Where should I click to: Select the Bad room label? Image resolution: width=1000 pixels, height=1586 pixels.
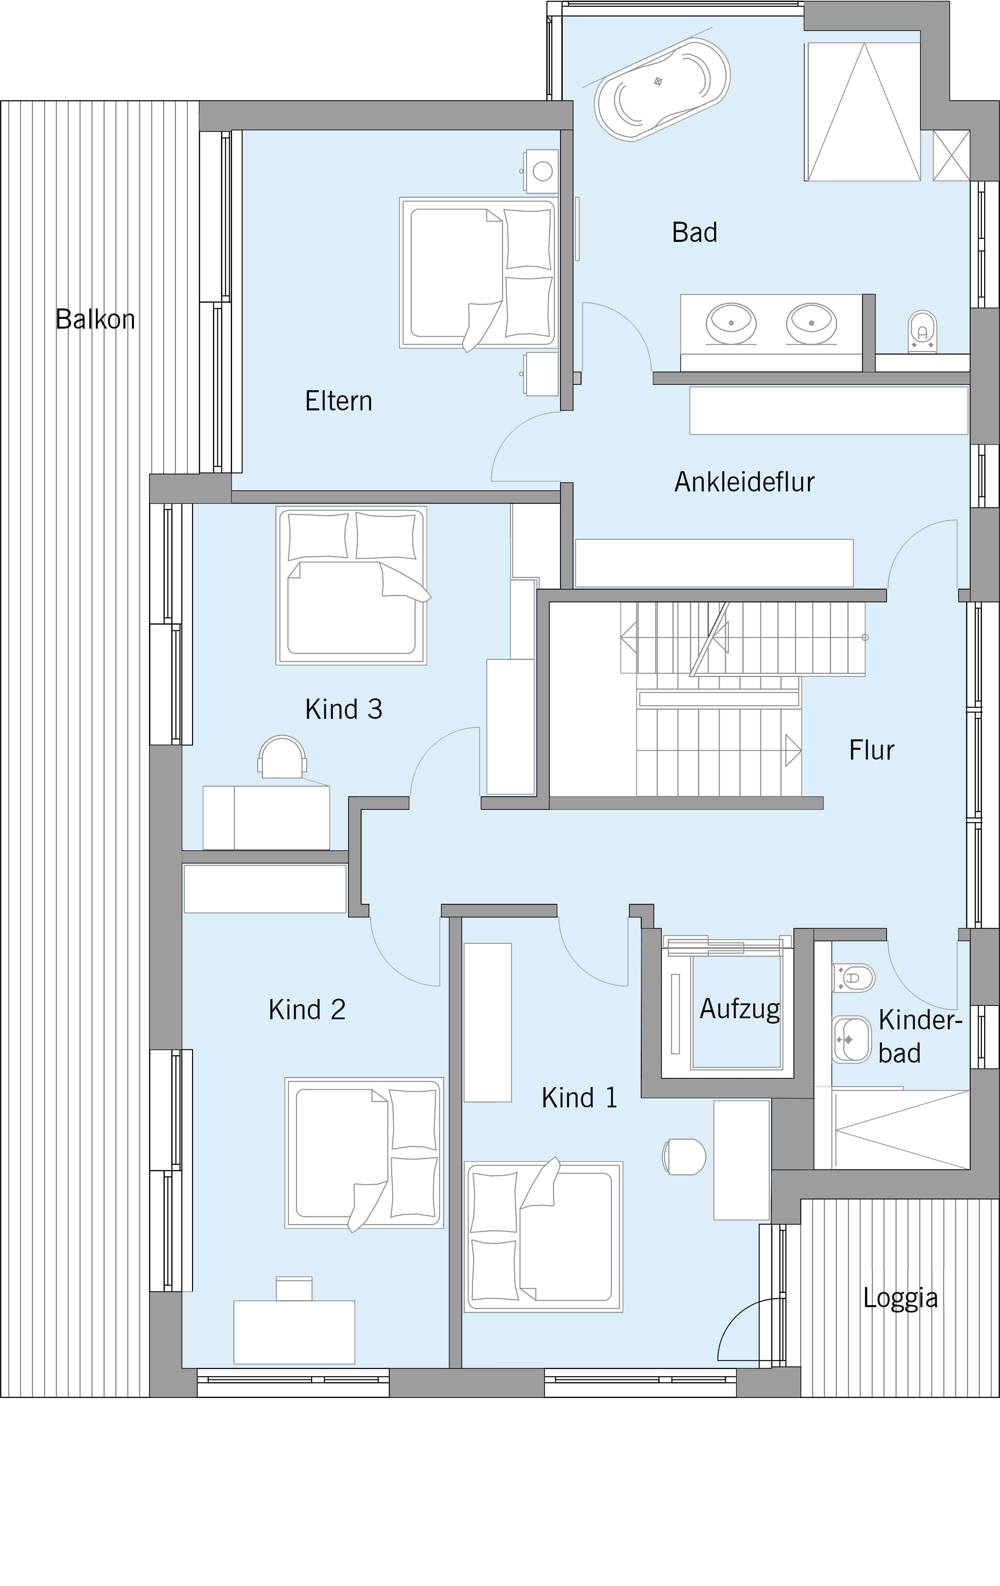[694, 232]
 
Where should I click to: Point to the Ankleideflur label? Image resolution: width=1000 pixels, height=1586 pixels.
[744, 482]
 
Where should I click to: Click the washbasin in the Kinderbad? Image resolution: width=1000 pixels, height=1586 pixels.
[851, 1039]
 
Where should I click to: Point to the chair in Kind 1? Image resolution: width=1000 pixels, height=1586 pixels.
[684, 1156]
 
